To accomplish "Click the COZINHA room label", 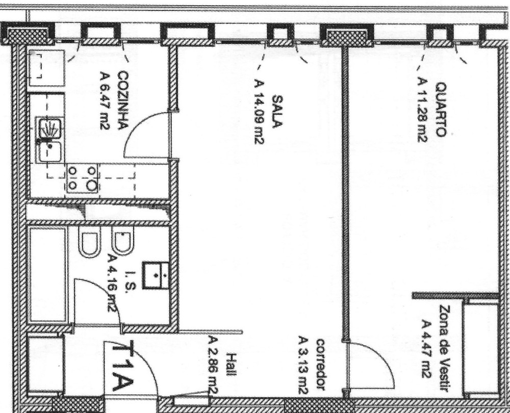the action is click(123, 100).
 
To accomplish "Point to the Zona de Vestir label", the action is click(445, 348).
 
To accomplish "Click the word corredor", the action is click(321, 365).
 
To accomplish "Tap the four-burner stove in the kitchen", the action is click(83, 178).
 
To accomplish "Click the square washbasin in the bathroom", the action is click(156, 275).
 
